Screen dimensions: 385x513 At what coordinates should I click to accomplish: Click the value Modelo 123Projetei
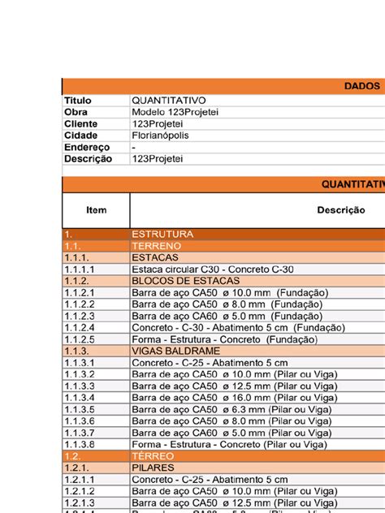pos(175,112)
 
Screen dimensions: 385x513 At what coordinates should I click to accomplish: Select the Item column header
pos(96,210)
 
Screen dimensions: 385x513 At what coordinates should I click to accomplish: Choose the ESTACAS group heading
pos(155,257)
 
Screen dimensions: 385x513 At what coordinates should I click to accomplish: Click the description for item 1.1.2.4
pos(238,328)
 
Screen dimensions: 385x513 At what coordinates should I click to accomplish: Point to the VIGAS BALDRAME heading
pos(173,351)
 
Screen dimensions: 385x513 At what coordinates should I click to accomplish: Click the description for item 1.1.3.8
pos(229,445)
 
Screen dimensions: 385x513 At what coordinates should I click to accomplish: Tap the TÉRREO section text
pos(153,456)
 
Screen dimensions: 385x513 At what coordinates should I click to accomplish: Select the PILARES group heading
pos(155,468)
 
